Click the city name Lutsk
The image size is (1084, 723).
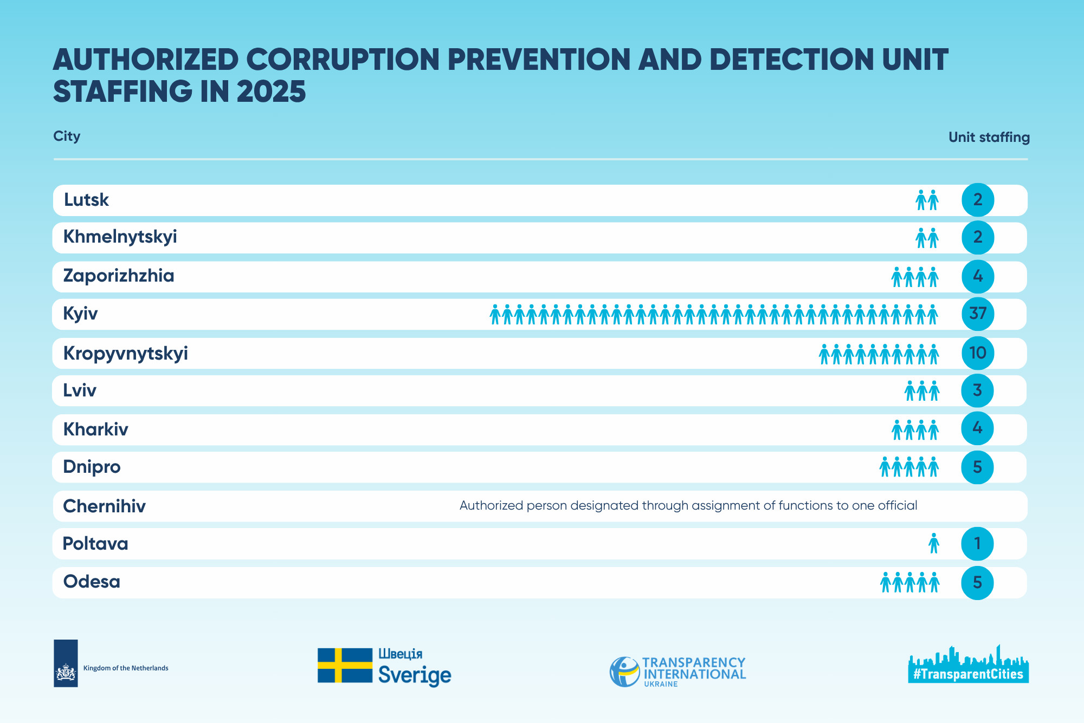pyautogui.click(x=86, y=200)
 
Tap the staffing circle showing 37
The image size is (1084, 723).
pyautogui.click(x=978, y=314)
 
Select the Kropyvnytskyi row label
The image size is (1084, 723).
pyautogui.click(x=126, y=354)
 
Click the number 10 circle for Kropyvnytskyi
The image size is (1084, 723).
pyautogui.click(x=978, y=353)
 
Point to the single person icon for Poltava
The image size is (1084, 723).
pyautogui.click(x=933, y=543)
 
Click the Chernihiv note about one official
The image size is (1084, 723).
pyautogui.click(x=688, y=506)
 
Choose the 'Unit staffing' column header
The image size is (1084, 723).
pyautogui.click(x=989, y=138)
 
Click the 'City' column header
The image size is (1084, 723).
pyautogui.click(x=67, y=136)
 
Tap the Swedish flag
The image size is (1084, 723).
pyautogui.click(x=345, y=665)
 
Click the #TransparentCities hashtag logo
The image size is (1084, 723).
pyautogui.click(x=969, y=665)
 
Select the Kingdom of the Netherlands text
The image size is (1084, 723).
pyautogui.click(x=126, y=668)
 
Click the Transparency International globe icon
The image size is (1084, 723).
pyautogui.click(x=625, y=672)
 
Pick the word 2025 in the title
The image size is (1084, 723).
pyautogui.click(x=271, y=92)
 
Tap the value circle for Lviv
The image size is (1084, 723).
pyautogui.click(x=977, y=390)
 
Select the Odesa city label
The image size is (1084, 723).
pyautogui.click(x=92, y=582)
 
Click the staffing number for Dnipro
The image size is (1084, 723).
pyautogui.click(x=977, y=467)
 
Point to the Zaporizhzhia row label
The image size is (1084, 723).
pyautogui.click(x=119, y=276)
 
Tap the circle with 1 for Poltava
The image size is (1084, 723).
pyautogui.click(x=977, y=544)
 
